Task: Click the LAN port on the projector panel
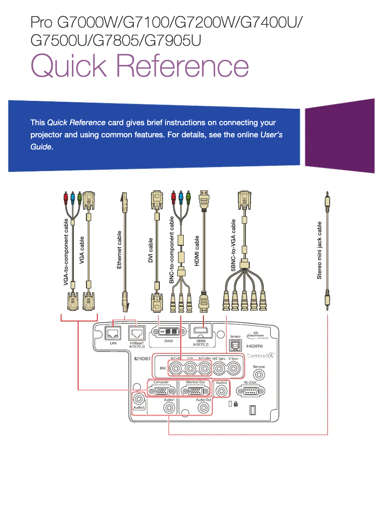(113, 333)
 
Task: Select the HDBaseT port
(136, 333)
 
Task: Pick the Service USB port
(236, 346)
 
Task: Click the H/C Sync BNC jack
(219, 369)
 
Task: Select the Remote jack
(259, 377)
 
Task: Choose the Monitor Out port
(195, 392)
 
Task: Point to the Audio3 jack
(139, 399)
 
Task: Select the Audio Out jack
(203, 408)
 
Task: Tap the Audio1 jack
(169, 408)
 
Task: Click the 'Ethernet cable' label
(119, 250)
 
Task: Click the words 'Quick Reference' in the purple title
(139, 66)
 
